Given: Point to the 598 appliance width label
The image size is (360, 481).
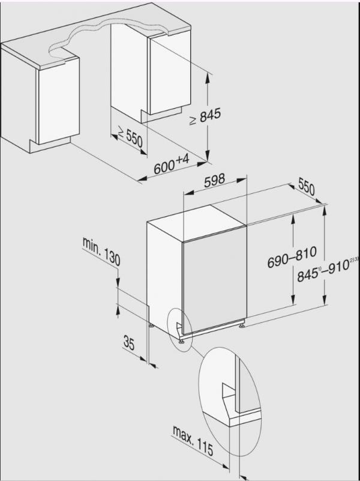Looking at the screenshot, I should point(215,180).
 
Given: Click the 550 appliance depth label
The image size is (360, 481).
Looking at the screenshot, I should point(306,187).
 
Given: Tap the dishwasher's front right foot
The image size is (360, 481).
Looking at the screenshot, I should point(241,327).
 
